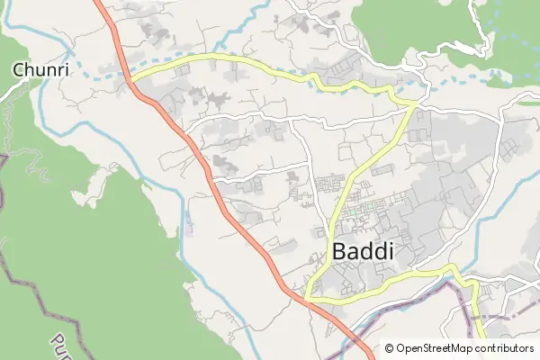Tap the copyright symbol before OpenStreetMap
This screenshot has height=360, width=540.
click(x=390, y=348)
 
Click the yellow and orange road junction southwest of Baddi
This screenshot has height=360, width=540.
click(x=307, y=296)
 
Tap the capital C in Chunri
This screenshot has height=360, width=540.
click(x=18, y=68)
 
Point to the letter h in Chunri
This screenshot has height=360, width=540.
click(x=27, y=68)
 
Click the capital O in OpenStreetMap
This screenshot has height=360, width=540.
click(x=400, y=348)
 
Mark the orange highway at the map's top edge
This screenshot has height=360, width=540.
click(x=97, y=3)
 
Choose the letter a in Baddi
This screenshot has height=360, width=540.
click(x=354, y=253)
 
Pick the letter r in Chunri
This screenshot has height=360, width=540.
click(x=47, y=69)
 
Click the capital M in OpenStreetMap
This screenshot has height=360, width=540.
click(x=460, y=348)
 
